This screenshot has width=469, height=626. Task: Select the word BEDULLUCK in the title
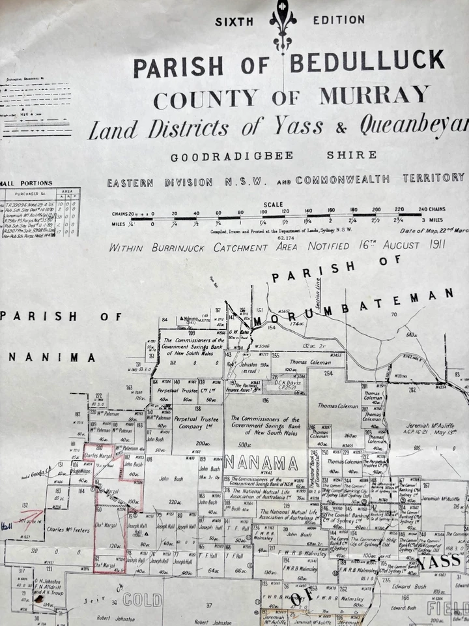coord(367,63)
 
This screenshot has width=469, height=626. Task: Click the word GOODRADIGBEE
coord(210,156)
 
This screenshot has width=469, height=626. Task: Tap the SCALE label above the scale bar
coord(274,204)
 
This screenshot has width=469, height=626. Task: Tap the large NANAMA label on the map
coord(263,462)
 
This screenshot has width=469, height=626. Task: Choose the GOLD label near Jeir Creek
coord(142,601)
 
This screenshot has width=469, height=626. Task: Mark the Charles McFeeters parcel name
coord(67,529)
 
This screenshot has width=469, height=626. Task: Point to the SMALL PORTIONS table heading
coord(26,183)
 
